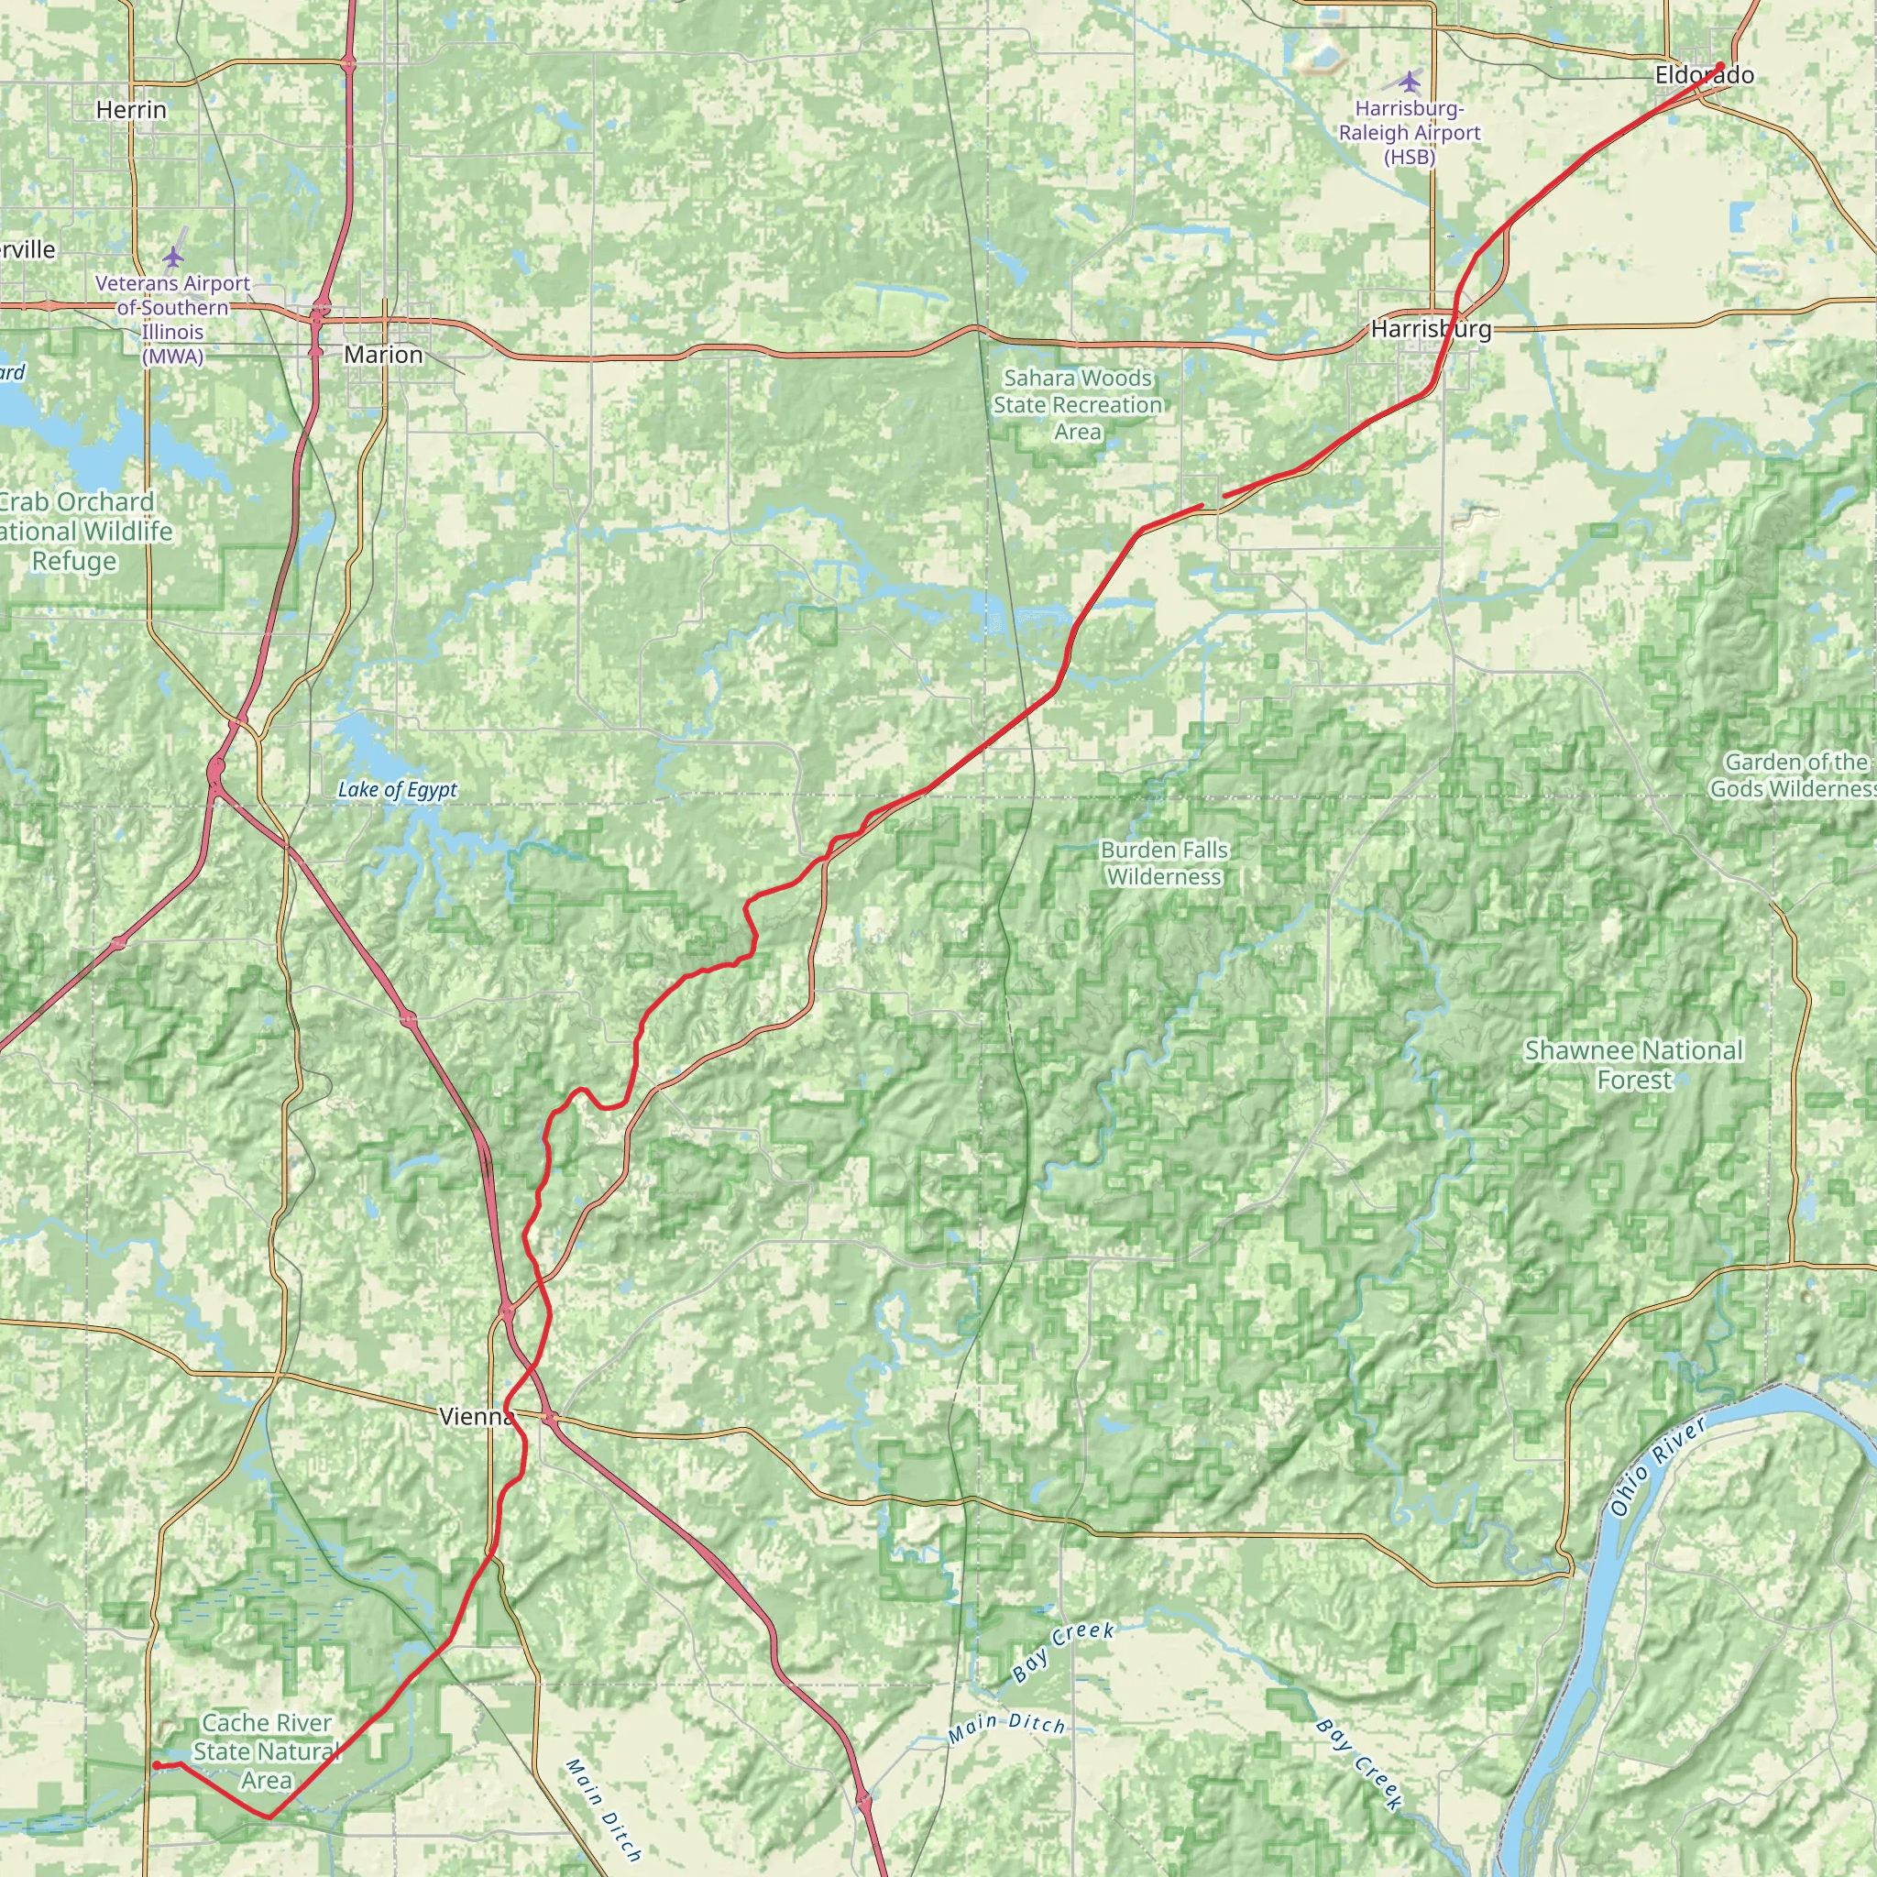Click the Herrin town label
(131, 110)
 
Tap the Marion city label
(383, 355)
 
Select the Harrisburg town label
(1430, 329)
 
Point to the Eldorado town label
(1704, 76)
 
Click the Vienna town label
(476, 1417)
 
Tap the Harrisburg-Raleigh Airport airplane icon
(1410, 80)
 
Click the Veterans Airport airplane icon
(173, 257)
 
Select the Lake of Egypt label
(398, 790)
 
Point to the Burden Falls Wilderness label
(1164, 862)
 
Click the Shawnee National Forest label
(1634, 1065)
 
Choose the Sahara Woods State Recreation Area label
(1078, 404)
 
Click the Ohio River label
(1657, 1467)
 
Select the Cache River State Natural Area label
(266, 1751)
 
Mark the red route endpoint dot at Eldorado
(1720, 66)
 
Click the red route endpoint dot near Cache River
(157, 1765)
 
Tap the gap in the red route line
(1213, 501)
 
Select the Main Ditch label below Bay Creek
(1006, 1724)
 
